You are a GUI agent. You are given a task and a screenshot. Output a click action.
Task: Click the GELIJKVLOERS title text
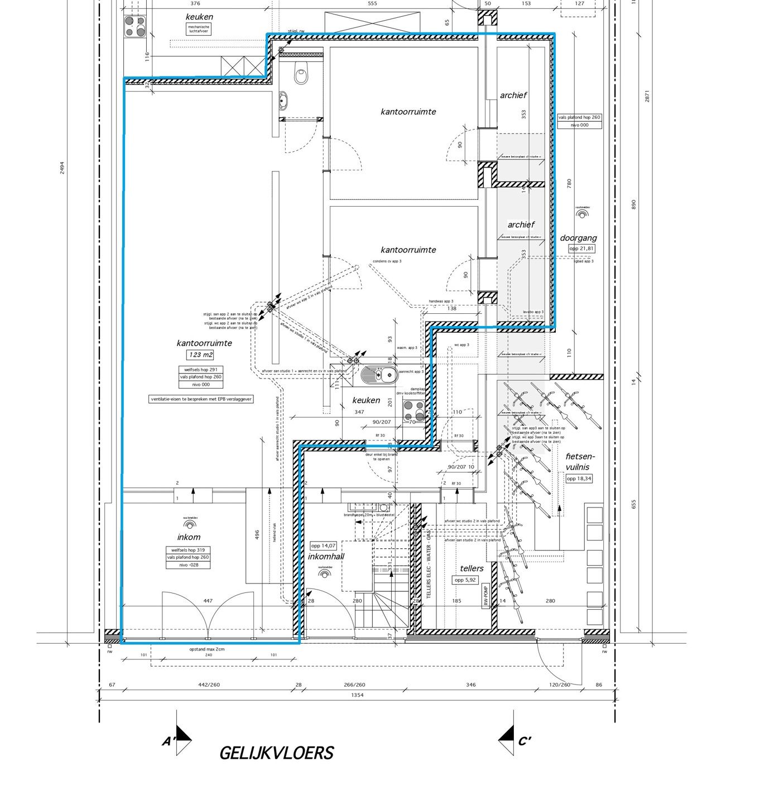[276, 753]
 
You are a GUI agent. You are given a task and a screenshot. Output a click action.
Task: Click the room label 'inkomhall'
[326, 556]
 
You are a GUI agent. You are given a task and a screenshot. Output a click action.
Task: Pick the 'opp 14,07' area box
[324, 545]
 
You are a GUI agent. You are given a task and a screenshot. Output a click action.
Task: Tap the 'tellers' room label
[471, 568]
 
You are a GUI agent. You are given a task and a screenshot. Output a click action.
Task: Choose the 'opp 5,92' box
[465, 580]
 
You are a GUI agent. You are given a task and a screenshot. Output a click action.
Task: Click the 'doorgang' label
[578, 238]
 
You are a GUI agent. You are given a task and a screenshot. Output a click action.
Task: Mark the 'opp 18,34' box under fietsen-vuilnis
[579, 478]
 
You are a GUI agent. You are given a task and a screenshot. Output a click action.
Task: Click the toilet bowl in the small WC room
[301, 74]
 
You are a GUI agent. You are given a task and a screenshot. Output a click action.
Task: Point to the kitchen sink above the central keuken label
[379, 374]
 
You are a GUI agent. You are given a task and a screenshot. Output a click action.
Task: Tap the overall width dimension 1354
[357, 695]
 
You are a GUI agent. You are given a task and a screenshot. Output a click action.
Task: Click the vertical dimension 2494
[62, 167]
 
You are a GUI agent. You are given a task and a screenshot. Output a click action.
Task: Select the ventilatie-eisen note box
[201, 399]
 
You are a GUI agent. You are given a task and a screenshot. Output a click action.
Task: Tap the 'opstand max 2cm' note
[206, 649]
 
